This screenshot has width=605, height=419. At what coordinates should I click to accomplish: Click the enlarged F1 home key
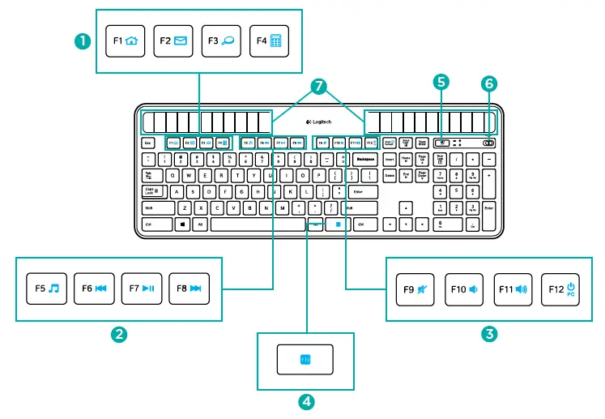[x=126, y=41]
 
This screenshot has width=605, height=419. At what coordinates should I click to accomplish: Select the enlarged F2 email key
[x=174, y=41]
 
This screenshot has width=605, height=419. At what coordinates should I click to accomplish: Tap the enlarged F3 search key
[x=222, y=41]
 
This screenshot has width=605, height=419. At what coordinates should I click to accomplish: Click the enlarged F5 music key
[x=48, y=288]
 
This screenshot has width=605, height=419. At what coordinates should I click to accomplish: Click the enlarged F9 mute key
[x=415, y=288]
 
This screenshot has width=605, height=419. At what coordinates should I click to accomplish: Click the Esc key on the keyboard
[x=148, y=143]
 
